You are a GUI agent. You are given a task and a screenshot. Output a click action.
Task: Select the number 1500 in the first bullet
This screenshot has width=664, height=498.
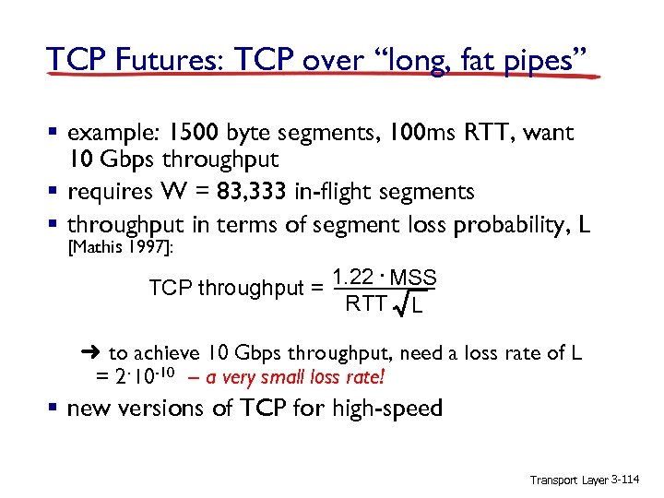[x=184, y=133]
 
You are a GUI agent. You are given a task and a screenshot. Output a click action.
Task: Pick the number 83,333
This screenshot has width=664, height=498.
[x=251, y=191]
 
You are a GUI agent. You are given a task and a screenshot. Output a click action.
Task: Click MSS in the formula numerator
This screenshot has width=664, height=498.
[x=412, y=278]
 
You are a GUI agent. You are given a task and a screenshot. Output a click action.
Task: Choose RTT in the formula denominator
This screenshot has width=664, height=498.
[x=364, y=303]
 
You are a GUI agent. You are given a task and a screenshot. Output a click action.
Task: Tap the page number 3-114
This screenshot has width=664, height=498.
[x=631, y=480]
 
